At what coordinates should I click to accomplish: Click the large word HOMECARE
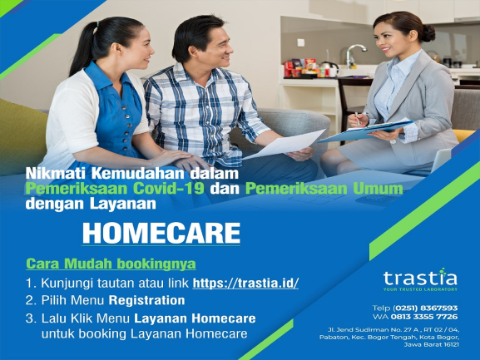point(161,233)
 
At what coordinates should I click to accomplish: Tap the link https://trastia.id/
point(245,283)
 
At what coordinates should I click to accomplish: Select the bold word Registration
point(147,300)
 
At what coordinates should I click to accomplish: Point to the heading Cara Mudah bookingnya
point(111,264)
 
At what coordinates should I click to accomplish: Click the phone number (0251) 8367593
point(425,308)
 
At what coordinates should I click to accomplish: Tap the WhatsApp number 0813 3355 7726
point(424,316)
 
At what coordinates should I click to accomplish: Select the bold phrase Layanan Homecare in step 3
point(195,318)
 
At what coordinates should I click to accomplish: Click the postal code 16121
point(450,345)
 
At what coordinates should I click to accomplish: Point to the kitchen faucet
point(354,55)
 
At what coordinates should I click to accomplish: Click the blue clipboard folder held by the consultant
point(366,130)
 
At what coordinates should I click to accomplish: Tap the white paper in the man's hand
point(285,144)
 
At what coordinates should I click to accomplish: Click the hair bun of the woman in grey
point(428,32)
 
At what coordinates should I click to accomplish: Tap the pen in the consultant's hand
point(357,119)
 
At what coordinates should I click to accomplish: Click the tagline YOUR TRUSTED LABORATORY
point(420,289)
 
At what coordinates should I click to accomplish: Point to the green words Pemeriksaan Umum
point(324,189)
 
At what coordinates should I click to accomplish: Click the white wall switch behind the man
point(301,42)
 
